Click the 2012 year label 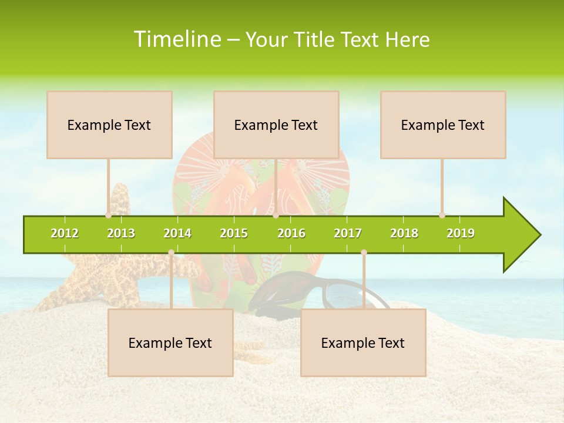tap(65, 233)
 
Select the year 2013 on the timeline tap(121, 233)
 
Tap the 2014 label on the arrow tap(177, 233)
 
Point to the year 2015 tap(234, 233)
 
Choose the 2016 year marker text tap(291, 233)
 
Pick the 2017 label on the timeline tap(348, 233)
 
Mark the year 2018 tap(404, 233)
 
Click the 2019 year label tap(461, 233)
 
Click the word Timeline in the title tap(177, 39)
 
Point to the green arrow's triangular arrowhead tap(521, 235)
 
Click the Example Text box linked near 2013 tap(109, 125)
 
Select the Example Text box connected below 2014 tap(170, 343)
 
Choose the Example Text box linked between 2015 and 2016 tap(276, 125)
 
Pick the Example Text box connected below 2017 tap(363, 343)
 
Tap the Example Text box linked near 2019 tap(443, 125)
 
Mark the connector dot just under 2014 tap(171, 253)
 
